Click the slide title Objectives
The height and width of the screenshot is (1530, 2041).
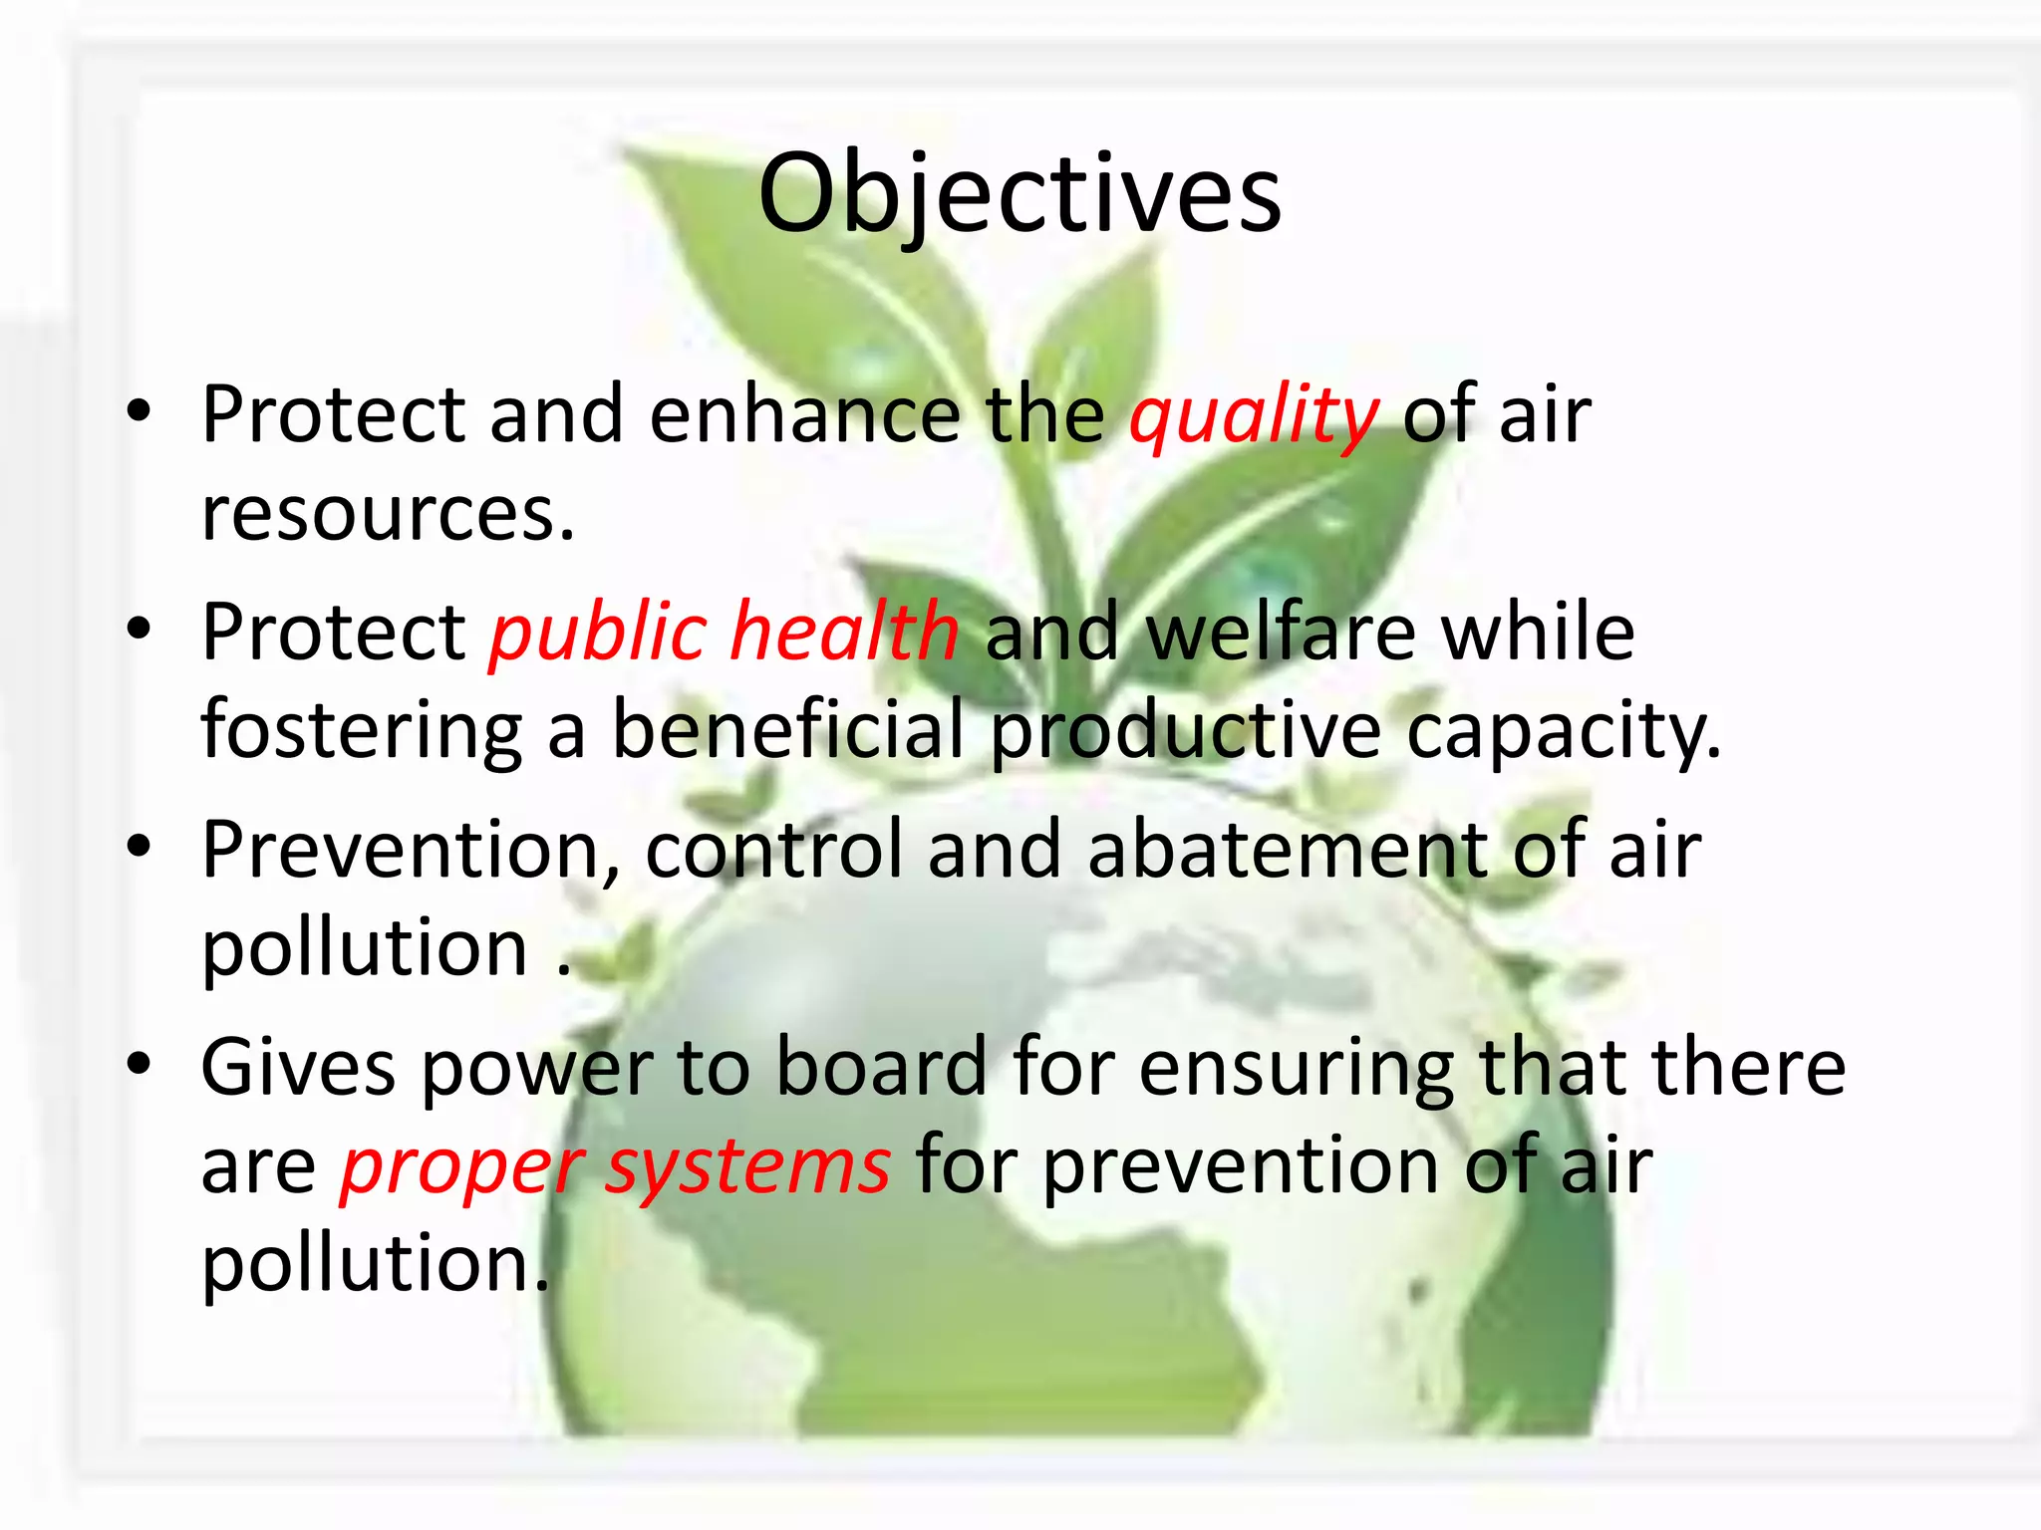[x=1020, y=194]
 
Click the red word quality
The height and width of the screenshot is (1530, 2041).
[x=1254, y=415]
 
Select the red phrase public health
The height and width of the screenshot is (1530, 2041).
[x=724, y=633]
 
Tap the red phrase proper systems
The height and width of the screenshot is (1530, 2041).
[x=615, y=1166]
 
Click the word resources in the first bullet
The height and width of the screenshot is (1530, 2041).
[x=388, y=515]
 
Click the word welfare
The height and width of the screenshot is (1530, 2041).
[x=1281, y=633]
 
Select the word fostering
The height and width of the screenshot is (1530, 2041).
[x=361, y=730]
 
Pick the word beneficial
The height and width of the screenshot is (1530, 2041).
[x=787, y=730]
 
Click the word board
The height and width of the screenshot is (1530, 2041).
[x=881, y=1067]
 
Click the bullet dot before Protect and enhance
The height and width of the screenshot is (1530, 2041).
[x=139, y=411]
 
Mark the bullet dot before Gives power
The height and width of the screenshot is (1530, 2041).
[x=139, y=1065]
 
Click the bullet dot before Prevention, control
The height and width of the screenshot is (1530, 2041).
[x=139, y=848]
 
